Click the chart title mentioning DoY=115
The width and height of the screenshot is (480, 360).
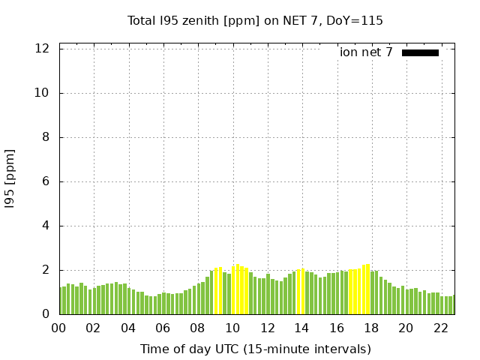[x=255, y=20]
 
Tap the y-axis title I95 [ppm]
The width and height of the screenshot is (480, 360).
[x=10, y=178]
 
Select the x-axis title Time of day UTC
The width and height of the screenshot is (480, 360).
[x=255, y=349]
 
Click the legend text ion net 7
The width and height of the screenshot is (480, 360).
[x=366, y=52]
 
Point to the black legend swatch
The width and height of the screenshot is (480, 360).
[x=420, y=52]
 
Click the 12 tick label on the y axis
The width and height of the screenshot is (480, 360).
[x=43, y=49]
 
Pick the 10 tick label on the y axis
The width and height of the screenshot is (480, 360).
[x=43, y=93]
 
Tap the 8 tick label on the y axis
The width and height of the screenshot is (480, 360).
[x=46, y=137]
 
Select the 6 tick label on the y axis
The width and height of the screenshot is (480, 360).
[x=46, y=181]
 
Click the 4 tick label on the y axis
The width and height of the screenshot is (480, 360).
[x=46, y=226]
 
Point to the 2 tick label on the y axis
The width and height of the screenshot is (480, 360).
[x=46, y=270]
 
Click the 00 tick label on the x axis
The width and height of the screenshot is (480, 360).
[x=59, y=328]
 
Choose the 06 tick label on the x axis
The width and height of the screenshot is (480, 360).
[x=163, y=328]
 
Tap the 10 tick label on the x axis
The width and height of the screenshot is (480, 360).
[x=232, y=328]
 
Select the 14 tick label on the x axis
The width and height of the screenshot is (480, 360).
[x=301, y=328]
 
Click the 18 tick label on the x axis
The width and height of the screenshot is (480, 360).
[x=371, y=328]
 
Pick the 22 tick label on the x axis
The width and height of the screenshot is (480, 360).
[x=440, y=328]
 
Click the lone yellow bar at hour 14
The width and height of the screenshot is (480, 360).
[x=302, y=291]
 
